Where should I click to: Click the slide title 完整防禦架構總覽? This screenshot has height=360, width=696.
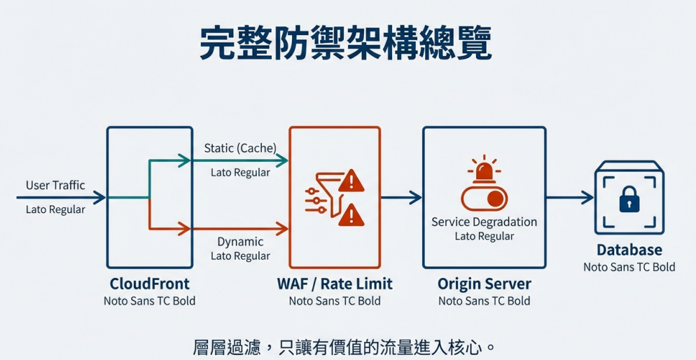tap(345, 43)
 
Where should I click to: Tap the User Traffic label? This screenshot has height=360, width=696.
tap(55, 185)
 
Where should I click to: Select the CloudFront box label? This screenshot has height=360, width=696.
tap(150, 284)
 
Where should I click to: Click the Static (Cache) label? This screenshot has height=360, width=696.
tap(241, 148)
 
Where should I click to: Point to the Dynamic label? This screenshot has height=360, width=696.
tap(240, 242)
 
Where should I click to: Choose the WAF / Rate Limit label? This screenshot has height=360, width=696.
tap(335, 284)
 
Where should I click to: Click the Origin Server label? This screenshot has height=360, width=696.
tap(485, 284)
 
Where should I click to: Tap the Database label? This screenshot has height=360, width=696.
tap(629, 250)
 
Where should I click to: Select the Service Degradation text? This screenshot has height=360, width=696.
tap(485, 221)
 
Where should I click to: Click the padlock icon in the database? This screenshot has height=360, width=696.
tap(629, 199)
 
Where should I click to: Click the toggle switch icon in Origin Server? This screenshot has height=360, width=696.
tap(485, 198)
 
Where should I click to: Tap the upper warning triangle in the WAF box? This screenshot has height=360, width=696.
tap(351, 181)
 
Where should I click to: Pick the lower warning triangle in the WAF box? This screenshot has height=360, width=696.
tap(351, 215)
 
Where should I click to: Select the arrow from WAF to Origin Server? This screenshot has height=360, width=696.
tap(401, 198)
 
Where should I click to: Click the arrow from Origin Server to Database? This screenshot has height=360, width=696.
tap(570, 198)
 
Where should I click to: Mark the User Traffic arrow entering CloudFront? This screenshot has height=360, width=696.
tap(61, 198)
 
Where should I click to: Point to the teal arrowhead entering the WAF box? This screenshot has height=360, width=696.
tap(282, 160)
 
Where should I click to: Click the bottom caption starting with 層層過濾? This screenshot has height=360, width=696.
tap(344, 347)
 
